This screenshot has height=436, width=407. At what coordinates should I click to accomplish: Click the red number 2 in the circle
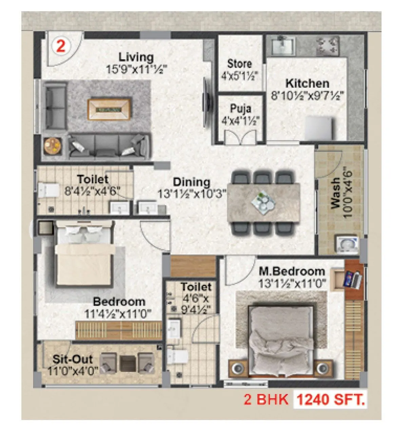61,46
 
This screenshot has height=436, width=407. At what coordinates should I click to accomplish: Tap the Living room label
136,57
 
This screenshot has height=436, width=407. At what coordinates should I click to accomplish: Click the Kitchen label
307,83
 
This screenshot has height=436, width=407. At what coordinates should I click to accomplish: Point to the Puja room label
241,109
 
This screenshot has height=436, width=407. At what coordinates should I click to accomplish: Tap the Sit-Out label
73,359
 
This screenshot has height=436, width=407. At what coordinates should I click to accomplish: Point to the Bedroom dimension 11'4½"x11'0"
118,314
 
